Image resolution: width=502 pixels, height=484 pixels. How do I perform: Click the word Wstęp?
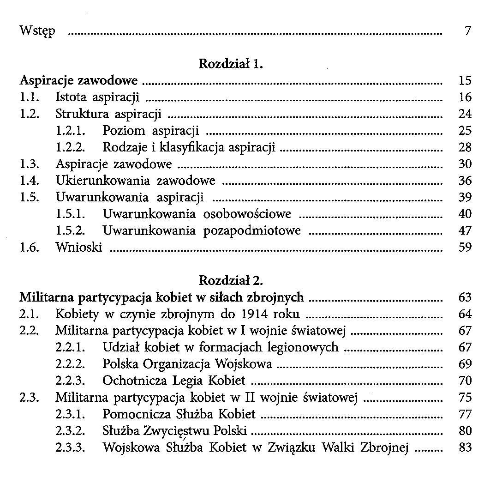coord(37,31)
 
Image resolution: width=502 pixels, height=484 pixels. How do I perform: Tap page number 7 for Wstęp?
coord(467,31)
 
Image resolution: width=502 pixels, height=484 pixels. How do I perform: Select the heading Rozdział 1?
coord(231,64)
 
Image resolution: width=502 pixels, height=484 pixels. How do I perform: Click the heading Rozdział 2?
coord(231,280)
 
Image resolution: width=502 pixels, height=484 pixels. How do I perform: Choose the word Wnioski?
coord(78,247)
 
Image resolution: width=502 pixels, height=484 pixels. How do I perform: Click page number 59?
coord(465,247)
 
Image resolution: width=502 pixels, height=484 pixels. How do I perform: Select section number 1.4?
coord(29,181)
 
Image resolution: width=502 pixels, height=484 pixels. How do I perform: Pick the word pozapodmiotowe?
coord(252,230)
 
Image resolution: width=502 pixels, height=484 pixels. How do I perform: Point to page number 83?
coord(465,447)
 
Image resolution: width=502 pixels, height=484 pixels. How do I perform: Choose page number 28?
coord(465,147)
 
